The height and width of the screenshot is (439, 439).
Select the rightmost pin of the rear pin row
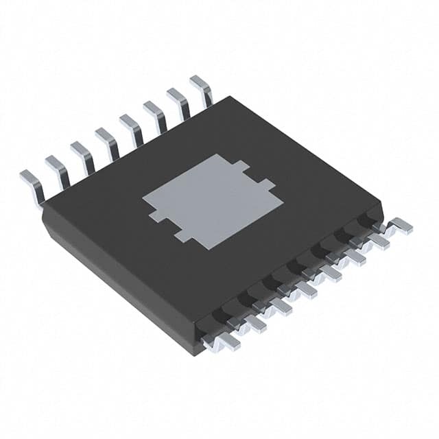[x=202, y=88]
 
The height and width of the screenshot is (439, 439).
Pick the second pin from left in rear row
[x=58, y=171]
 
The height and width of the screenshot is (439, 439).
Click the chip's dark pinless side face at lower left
[x=117, y=281]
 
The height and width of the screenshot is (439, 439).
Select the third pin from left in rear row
[x=82, y=156]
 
